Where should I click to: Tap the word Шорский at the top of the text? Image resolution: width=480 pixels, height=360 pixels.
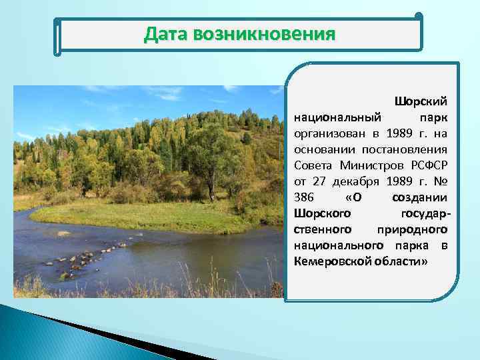coord(421,101)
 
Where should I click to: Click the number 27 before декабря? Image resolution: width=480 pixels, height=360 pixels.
coord(319,180)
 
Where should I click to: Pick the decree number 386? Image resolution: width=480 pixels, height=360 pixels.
coord(303,196)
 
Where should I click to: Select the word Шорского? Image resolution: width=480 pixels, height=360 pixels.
coord(323,212)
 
